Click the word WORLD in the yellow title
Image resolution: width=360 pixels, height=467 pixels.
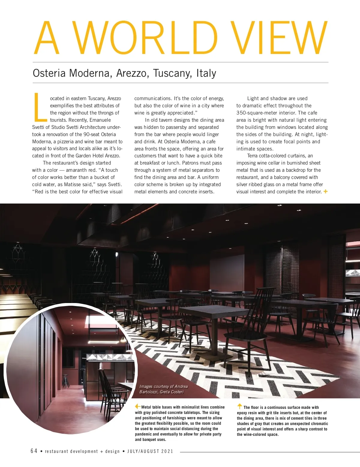[x=146, y=38]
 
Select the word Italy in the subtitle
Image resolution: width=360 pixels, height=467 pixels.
[x=206, y=73]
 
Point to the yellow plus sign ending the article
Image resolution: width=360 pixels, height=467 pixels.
[x=325, y=191]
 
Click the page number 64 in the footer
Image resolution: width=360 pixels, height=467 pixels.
[x=34, y=451]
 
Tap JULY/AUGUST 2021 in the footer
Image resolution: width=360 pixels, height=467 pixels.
[x=150, y=451]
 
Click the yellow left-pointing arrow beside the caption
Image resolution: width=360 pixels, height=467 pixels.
[x=138, y=406]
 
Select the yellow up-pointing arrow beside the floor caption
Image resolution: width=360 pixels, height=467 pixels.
[x=240, y=406]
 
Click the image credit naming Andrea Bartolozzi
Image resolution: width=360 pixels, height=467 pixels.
[x=163, y=389]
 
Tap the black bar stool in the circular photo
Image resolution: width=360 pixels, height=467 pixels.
[x=65, y=381]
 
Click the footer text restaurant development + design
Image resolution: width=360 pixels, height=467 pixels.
[x=82, y=451]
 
